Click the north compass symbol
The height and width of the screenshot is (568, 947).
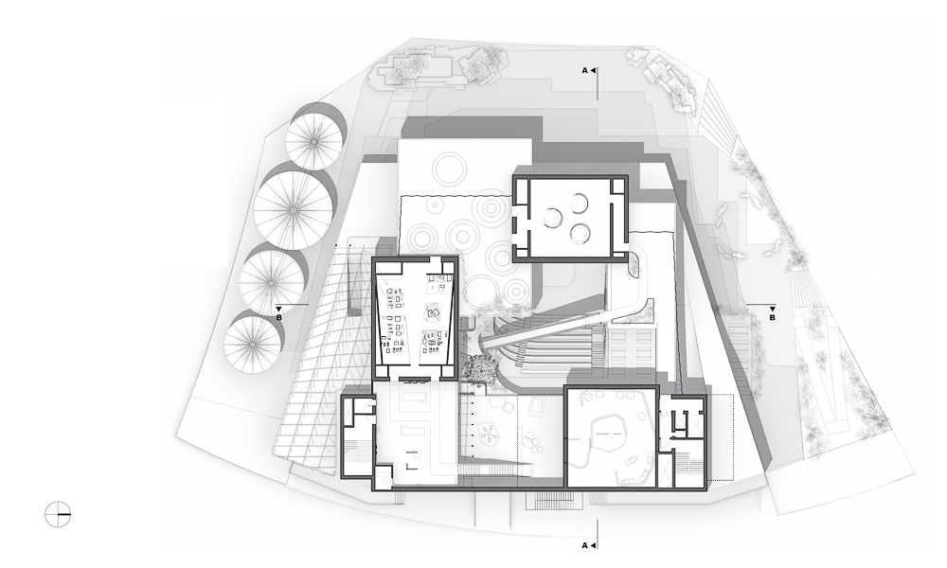click(x=58, y=514)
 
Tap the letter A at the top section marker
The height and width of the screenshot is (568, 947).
click(x=584, y=71)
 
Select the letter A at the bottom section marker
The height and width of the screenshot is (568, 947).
click(x=584, y=545)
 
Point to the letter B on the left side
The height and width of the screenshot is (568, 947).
click(x=279, y=317)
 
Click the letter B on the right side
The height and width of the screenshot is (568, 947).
click(x=773, y=317)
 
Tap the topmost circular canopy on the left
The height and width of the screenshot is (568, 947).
click(x=314, y=141)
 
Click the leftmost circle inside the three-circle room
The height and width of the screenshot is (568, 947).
click(x=553, y=217)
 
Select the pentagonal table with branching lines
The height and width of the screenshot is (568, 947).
click(x=488, y=432)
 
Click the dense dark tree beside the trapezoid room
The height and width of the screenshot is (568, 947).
click(x=481, y=367)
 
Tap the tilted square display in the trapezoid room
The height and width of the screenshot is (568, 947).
click(x=434, y=312)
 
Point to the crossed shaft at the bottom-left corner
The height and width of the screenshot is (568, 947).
click(x=384, y=478)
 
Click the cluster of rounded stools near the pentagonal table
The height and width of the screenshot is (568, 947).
click(x=533, y=442)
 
